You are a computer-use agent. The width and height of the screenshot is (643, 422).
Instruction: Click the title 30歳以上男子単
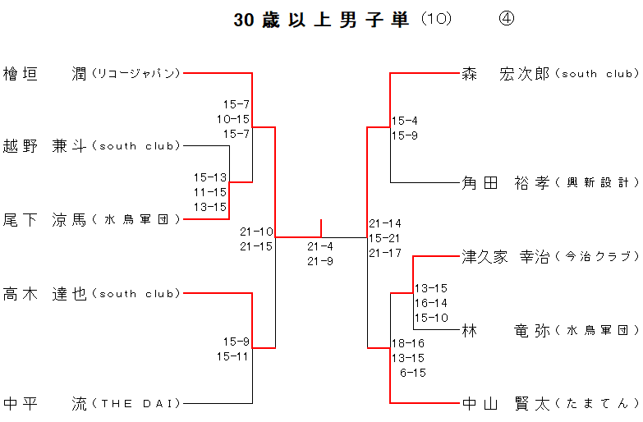click(321, 21)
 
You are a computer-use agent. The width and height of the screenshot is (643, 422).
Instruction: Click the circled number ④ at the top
click(506, 20)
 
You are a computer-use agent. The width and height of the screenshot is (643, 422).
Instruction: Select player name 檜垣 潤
click(45, 73)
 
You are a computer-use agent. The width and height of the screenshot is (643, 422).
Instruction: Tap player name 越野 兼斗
click(45, 146)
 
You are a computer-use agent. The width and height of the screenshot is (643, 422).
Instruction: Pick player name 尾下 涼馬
click(45, 219)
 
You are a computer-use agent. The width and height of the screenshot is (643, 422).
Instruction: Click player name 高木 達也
click(45, 293)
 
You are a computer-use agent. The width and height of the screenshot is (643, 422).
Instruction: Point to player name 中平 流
click(45, 403)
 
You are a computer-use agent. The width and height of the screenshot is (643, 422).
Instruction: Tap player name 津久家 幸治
click(505, 256)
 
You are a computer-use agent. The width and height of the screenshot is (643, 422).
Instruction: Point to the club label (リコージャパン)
click(135, 74)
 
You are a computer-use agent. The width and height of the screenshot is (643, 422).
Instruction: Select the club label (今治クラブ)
click(597, 257)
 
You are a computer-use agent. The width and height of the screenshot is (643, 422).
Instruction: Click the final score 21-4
click(320, 246)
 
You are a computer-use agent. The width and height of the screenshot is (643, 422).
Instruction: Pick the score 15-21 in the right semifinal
click(385, 238)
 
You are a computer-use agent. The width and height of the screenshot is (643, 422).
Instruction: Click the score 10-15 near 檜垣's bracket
click(233, 119)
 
